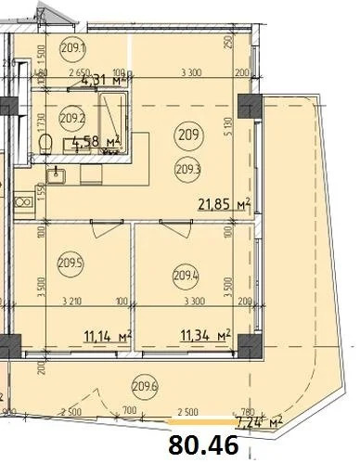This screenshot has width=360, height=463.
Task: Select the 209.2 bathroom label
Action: [71, 118]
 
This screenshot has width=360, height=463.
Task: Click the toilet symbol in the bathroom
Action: [45, 142]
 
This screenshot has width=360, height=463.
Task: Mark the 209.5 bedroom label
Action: [71, 262]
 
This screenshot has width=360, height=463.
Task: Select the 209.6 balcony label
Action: [145, 387]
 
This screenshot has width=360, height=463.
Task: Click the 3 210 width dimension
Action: [74, 302]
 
